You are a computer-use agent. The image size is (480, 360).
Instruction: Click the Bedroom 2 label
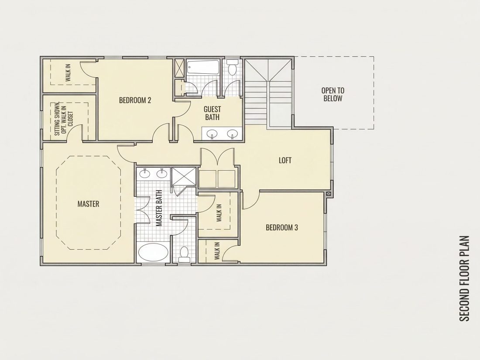[x=135, y=100]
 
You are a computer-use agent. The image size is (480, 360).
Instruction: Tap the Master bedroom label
[x=88, y=204]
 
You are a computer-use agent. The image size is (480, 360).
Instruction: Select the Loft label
[x=285, y=161]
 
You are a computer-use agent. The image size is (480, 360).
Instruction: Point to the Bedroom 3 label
[x=281, y=227]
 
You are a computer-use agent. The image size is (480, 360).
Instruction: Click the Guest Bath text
[x=212, y=113]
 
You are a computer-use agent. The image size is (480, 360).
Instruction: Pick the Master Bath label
[x=159, y=208]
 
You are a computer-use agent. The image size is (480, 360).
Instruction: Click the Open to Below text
[x=333, y=94]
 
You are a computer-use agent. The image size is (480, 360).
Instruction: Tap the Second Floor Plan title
[x=464, y=278]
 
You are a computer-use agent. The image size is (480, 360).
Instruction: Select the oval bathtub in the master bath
[x=153, y=252]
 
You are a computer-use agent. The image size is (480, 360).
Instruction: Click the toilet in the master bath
[x=184, y=255]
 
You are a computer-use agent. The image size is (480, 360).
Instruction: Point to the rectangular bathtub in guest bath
[x=203, y=67]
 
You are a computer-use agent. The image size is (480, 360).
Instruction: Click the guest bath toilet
[x=233, y=68]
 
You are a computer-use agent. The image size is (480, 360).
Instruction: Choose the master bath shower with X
[x=184, y=176]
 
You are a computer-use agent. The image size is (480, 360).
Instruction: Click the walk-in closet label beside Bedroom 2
[x=68, y=72]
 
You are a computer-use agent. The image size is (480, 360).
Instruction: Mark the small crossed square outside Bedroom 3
[x=329, y=193]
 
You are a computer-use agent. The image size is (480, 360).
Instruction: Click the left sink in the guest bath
[x=212, y=134]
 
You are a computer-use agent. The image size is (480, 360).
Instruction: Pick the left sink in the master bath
[x=144, y=174]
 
